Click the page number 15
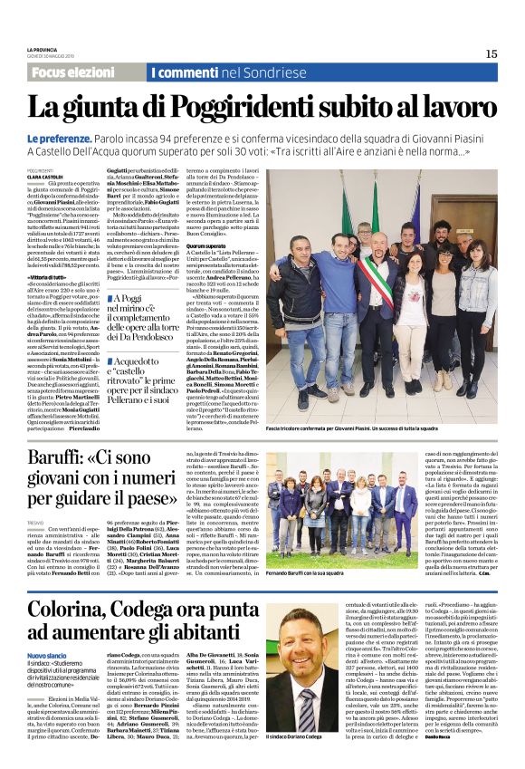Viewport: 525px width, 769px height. point(491,53)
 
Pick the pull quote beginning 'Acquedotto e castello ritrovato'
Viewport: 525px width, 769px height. point(145,379)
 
